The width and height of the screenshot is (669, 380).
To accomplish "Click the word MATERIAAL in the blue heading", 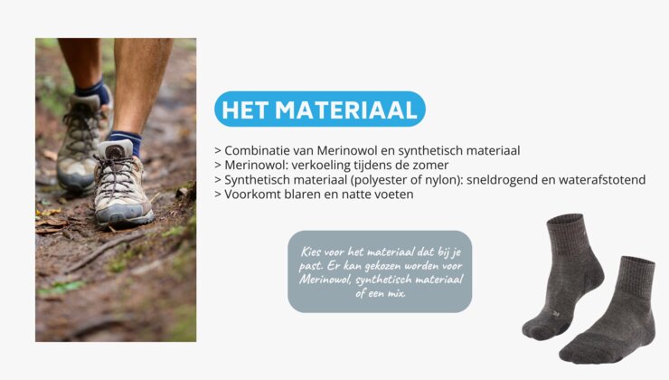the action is [346, 109].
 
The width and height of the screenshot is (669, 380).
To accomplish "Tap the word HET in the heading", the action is [245, 109].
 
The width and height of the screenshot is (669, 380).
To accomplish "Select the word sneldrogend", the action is [502, 180].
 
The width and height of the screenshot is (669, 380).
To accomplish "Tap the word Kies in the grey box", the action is [311, 252].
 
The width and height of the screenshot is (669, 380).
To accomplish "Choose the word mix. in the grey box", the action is [396, 293].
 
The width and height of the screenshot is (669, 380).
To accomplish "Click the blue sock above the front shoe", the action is [126, 141].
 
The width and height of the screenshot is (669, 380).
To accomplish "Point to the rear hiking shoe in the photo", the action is [84, 140].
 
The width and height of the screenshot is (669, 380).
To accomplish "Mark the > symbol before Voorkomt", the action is [218, 195].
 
